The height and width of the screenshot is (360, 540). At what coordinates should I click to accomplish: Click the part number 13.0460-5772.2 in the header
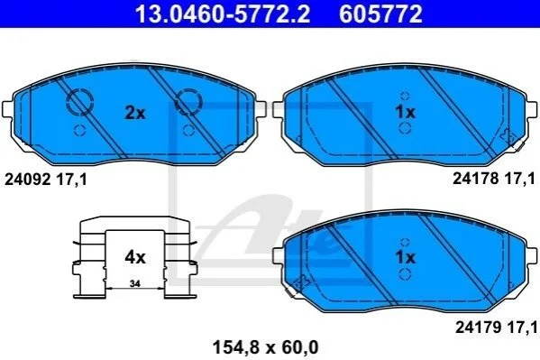coord(223,14)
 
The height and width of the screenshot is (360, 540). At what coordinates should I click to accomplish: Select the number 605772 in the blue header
coord(380,14)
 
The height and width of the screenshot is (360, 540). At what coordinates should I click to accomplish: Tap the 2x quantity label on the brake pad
coord(135,113)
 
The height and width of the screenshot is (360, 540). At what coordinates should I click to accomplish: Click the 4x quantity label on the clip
coord(135,257)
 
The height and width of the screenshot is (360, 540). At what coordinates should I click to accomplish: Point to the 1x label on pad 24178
coord(406,112)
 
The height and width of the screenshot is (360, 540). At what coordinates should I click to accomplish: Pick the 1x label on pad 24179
coord(406,257)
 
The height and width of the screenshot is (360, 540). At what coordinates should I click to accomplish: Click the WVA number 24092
coord(28,180)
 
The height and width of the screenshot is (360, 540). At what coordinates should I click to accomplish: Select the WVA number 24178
coord(476,179)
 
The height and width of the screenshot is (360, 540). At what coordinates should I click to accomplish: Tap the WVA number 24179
coord(479,328)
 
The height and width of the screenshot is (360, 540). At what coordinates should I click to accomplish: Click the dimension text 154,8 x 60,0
coord(266,347)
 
